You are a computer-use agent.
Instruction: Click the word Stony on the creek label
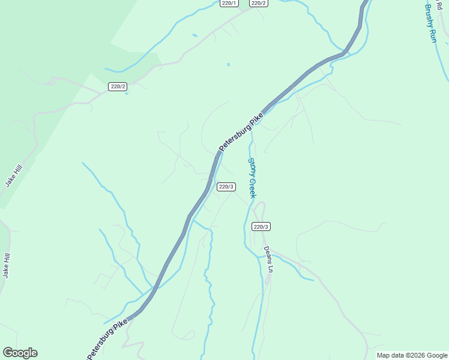[x=252, y=164]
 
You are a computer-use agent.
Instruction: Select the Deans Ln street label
[x=268, y=259]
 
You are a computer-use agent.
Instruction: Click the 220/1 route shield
[x=228, y=3]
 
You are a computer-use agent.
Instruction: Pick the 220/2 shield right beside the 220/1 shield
[x=258, y=3]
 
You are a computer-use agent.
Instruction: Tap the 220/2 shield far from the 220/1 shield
[x=118, y=86]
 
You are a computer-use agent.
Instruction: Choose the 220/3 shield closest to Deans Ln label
[x=261, y=226]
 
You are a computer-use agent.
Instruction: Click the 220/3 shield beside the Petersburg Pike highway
[x=226, y=187]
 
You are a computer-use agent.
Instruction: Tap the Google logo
[x=20, y=353]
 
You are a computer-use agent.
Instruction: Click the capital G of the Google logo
[x=7, y=353]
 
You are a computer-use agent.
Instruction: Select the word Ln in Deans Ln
[x=271, y=268]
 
